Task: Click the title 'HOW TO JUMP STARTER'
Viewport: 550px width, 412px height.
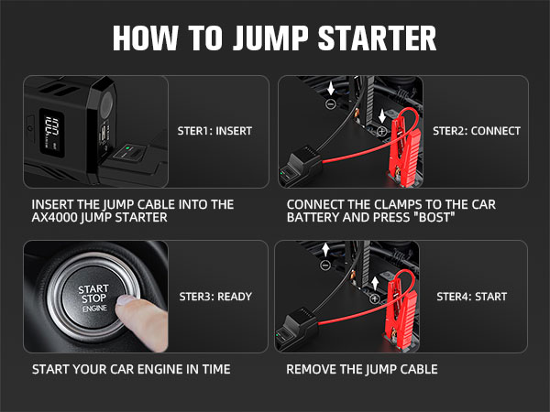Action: pyautogui.click(x=274, y=38)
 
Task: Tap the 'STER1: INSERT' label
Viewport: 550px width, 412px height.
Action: pyautogui.click(x=214, y=131)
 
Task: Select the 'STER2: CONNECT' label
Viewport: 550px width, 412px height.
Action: pyautogui.click(x=476, y=131)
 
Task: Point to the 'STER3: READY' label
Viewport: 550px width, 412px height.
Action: pyautogui.click(x=214, y=297)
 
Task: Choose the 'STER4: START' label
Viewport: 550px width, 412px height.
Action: pyautogui.click(x=471, y=297)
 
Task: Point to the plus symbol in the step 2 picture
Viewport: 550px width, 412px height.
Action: pyautogui.click(x=380, y=131)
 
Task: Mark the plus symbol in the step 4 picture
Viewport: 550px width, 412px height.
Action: pyautogui.click(x=375, y=298)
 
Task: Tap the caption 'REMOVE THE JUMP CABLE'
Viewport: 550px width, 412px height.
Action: pyautogui.click(x=362, y=370)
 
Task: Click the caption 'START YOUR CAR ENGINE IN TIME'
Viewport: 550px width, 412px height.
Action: pyautogui.click(x=131, y=370)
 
